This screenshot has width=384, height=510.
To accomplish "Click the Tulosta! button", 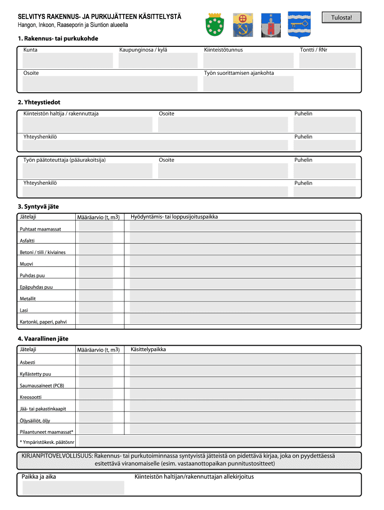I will tap(341, 18).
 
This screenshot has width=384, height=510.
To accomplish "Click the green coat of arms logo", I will tap(214, 24).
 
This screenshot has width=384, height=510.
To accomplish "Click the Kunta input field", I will tap(67, 61).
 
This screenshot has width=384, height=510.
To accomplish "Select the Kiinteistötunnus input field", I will tap(248, 61).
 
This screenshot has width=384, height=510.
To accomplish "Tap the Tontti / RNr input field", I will tap(327, 61).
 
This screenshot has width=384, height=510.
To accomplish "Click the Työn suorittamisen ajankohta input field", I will tap(248, 84).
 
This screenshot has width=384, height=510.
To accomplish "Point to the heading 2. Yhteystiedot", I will tap(39, 102).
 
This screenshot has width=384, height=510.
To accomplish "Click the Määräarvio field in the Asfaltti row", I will tap(96, 238).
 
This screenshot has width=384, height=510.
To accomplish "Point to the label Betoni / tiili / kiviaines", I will tap(42, 252).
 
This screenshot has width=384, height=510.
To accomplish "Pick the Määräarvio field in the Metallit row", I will tap(96, 296).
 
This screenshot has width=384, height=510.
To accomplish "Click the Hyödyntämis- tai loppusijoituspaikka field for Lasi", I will tap(242, 308).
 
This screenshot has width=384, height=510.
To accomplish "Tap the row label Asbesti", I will tap(27, 362).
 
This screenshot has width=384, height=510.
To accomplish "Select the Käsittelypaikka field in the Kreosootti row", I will tap(242, 394).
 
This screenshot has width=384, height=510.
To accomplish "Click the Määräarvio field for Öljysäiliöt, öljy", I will tap(96, 418).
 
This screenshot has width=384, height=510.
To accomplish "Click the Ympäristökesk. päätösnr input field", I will tap(217, 441).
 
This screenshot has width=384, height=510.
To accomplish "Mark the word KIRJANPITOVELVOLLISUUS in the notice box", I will tap(57, 456).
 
